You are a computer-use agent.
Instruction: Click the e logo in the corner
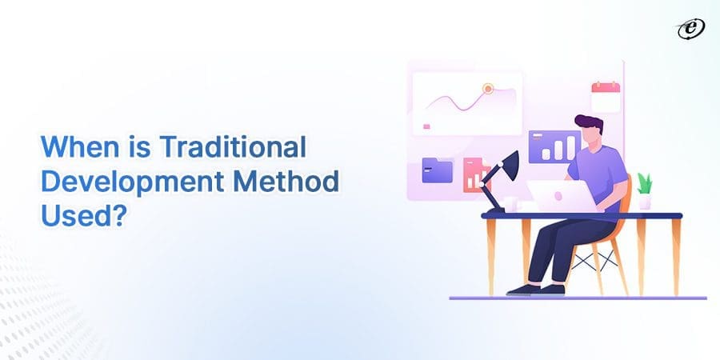690,30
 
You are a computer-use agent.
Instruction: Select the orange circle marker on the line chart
487,89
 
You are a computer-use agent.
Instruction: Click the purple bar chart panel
554,146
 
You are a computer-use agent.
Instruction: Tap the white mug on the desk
509,206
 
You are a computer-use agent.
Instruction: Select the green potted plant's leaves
645,182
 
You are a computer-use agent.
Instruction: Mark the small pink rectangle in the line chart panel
426,126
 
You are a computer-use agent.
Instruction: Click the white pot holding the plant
645,202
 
